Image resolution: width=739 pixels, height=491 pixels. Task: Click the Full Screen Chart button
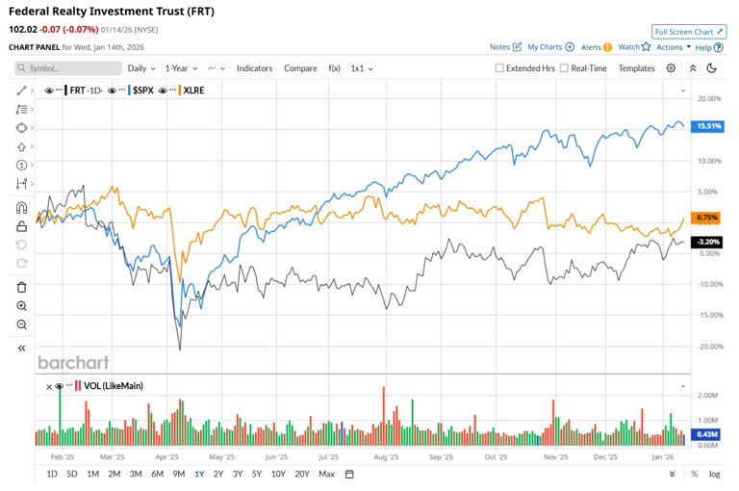click(x=689, y=32)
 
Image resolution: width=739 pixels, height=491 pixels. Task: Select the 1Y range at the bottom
click(x=199, y=474)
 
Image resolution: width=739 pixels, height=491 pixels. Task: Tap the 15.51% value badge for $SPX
click(x=708, y=126)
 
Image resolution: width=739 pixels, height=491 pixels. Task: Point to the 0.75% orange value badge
click(x=707, y=218)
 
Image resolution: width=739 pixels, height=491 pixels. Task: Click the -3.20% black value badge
click(x=707, y=242)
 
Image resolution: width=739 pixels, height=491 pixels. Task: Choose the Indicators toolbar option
click(x=255, y=68)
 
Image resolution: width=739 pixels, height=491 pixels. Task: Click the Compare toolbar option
click(x=300, y=68)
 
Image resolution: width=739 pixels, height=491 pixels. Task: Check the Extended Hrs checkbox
click(x=499, y=68)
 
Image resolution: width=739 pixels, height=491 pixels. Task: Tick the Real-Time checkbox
click(x=564, y=68)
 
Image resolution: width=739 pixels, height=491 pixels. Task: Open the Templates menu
click(x=636, y=68)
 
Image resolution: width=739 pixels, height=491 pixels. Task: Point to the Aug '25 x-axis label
click(x=386, y=458)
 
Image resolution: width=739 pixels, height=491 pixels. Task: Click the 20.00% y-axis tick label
click(x=709, y=98)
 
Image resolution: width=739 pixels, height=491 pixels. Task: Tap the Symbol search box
click(x=68, y=68)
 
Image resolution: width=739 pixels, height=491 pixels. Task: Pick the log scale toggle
click(x=715, y=474)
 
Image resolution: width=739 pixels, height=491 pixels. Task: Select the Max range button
click(x=326, y=474)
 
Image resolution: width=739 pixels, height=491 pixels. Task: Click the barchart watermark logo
click(x=73, y=363)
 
